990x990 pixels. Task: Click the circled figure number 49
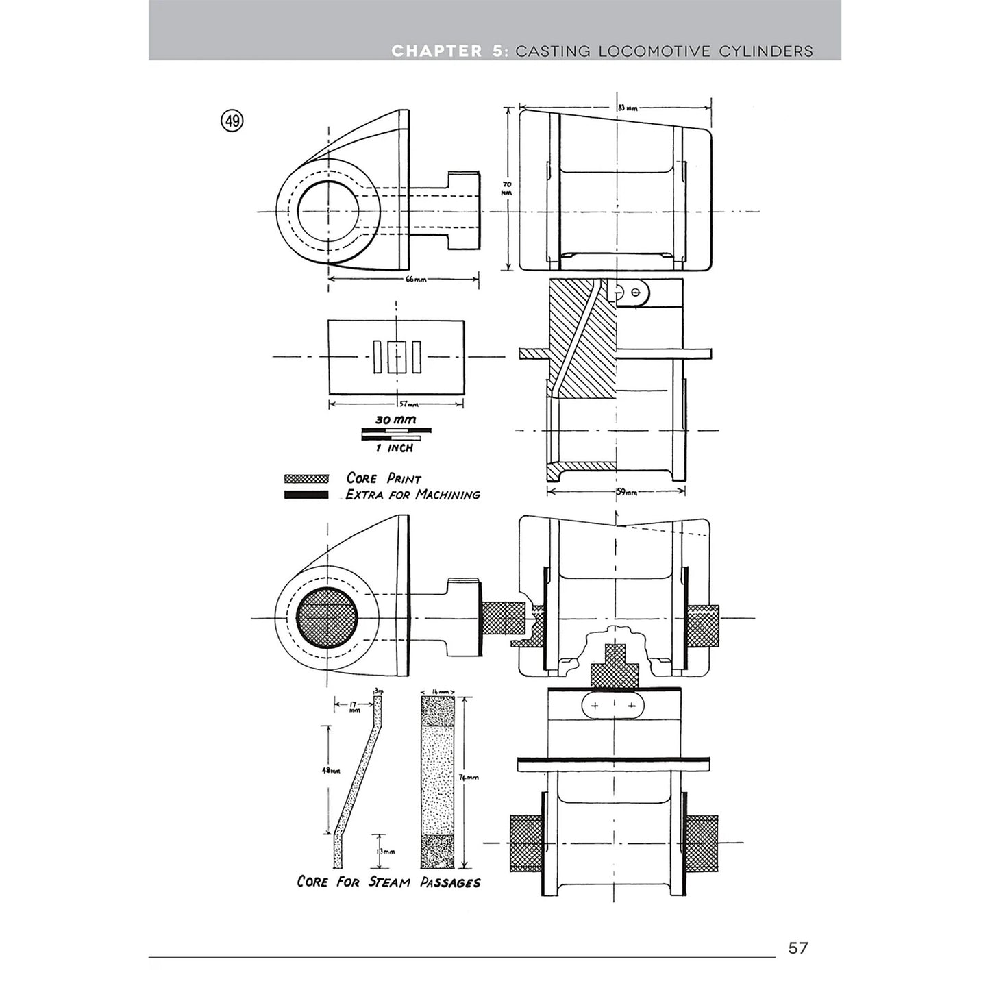point(232,121)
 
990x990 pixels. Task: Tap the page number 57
point(798,948)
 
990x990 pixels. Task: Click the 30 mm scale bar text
point(395,419)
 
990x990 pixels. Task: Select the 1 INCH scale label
point(394,448)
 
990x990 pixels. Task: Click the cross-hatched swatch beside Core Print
point(306,479)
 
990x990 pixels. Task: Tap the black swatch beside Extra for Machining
point(306,495)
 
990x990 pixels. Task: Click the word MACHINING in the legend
point(448,495)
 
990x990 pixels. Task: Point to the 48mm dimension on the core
point(330,771)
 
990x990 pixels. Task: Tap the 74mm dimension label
point(469,777)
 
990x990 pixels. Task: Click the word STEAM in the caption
point(389,882)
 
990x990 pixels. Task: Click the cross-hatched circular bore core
point(326,617)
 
